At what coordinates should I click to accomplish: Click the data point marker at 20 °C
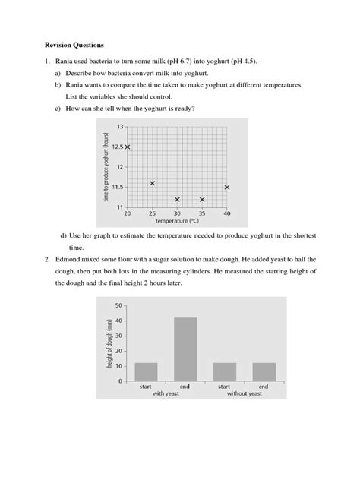128,147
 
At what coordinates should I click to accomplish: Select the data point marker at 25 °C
153,183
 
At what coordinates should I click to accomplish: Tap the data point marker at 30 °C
178,200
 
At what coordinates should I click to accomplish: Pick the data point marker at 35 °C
202,200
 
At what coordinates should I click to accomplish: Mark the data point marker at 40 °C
227,187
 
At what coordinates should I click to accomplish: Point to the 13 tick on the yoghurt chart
118,126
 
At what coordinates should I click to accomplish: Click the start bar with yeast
146,371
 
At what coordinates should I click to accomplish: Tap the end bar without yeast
264,371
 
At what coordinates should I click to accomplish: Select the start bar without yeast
224,371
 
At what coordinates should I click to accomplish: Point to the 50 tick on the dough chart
118,305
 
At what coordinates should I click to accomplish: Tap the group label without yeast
244,394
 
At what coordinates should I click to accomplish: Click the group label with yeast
166,394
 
